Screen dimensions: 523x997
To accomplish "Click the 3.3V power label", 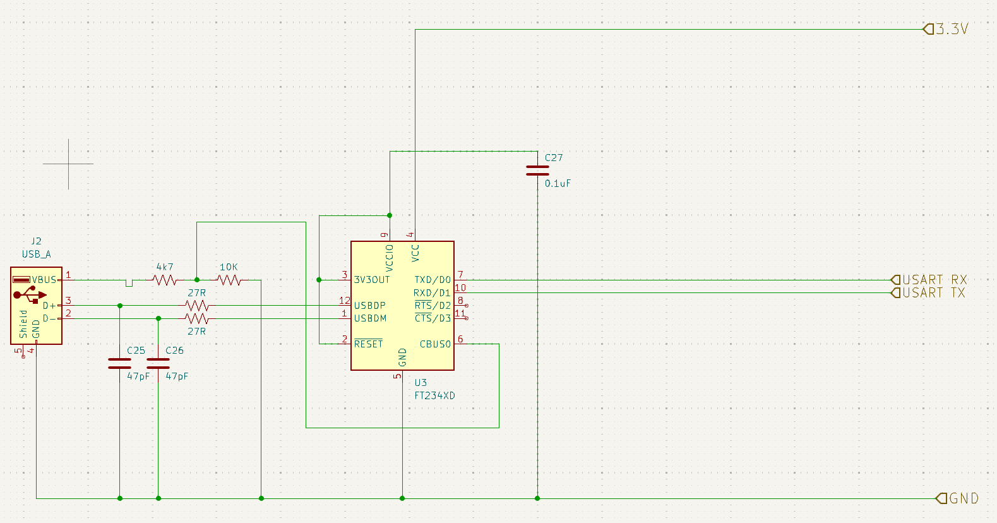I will [x=951, y=29].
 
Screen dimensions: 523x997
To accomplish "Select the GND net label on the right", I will [x=963, y=498].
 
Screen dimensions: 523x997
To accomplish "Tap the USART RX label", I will [x=934, y=280].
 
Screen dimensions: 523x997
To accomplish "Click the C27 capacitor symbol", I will [x=537, y=171].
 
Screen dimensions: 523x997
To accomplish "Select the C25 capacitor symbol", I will [x=120, y=363].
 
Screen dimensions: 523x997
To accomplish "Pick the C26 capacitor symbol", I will [x=158, y=363].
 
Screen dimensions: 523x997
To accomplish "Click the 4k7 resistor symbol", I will [x=165, y=280].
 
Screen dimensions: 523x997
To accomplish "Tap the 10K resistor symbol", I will [x=229, y=280].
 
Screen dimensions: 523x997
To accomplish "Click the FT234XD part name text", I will [x=434, y=396].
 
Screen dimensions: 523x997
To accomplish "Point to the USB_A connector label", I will [x=37, y=255].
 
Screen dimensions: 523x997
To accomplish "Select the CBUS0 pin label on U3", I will [x=435, y=344].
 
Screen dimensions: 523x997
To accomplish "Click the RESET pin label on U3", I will [x=368, y=344].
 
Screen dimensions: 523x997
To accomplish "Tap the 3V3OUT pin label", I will [x=371, y=280].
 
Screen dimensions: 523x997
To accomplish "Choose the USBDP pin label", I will [x=369, y=306].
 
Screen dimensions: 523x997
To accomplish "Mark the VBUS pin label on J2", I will [x=44, y=280].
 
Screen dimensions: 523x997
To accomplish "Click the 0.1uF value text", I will [x=558, y=184].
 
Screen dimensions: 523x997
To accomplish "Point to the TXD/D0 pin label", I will [x=433, y=280].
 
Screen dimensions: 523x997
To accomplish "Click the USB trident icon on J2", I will [x=30, y=294].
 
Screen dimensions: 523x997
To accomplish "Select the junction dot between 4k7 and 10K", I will [x=197, y=280].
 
